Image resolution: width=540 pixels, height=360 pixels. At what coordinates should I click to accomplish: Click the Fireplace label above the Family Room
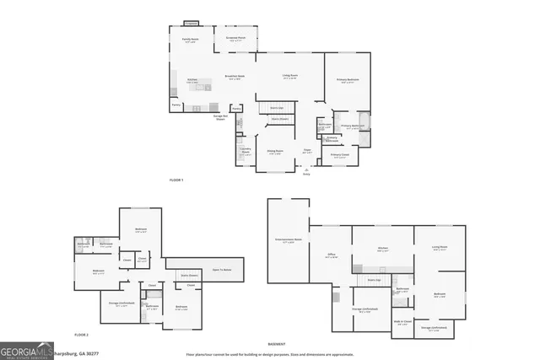click(192, 24)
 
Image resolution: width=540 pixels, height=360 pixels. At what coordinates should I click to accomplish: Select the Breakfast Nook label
click(235, 78)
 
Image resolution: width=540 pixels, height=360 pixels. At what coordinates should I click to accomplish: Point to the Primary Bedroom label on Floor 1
click(348, 81)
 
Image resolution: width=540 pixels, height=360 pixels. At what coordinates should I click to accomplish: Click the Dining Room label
click(275, 152)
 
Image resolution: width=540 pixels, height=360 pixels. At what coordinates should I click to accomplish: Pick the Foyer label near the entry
click(308, 152)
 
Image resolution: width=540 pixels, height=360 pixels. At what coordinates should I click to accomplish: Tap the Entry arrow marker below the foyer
click(306, 172)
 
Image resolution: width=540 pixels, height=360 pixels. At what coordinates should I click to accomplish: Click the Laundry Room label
click(245, 150)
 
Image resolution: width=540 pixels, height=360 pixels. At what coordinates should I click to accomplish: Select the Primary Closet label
click(340, 155)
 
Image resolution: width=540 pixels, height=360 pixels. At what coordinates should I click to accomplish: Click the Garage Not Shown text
click(219, 118)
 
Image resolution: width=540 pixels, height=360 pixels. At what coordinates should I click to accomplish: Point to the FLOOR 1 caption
click(176, 180)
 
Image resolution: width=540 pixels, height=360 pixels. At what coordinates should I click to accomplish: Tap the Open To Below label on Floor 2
click(222, 270)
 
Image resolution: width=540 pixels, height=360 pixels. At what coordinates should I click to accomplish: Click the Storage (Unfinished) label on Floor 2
click(123, 304)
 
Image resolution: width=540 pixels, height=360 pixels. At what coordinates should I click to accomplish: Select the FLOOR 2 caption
click(80, 335)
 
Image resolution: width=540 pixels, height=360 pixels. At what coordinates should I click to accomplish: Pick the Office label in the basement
click(332, 255)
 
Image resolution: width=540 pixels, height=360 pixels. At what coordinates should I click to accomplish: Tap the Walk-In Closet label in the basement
click(402, 321)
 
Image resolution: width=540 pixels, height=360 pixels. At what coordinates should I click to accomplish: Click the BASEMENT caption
click(276, 344)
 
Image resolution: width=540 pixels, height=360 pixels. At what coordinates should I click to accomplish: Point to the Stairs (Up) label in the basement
click(374, 278)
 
